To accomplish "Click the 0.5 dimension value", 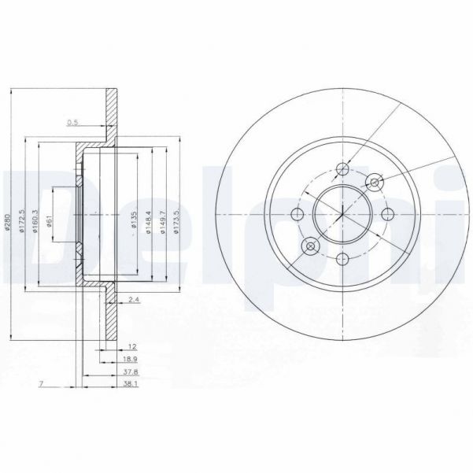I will (73, 122).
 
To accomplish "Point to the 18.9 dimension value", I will (126, 359).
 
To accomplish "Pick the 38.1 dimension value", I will (126, 385).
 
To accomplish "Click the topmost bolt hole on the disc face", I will (343, 169).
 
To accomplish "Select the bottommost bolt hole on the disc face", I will (343, 258).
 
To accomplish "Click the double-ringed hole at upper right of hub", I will (375, 183).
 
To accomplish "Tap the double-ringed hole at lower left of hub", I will (311, 247).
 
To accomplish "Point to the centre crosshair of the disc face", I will (343, 214).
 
